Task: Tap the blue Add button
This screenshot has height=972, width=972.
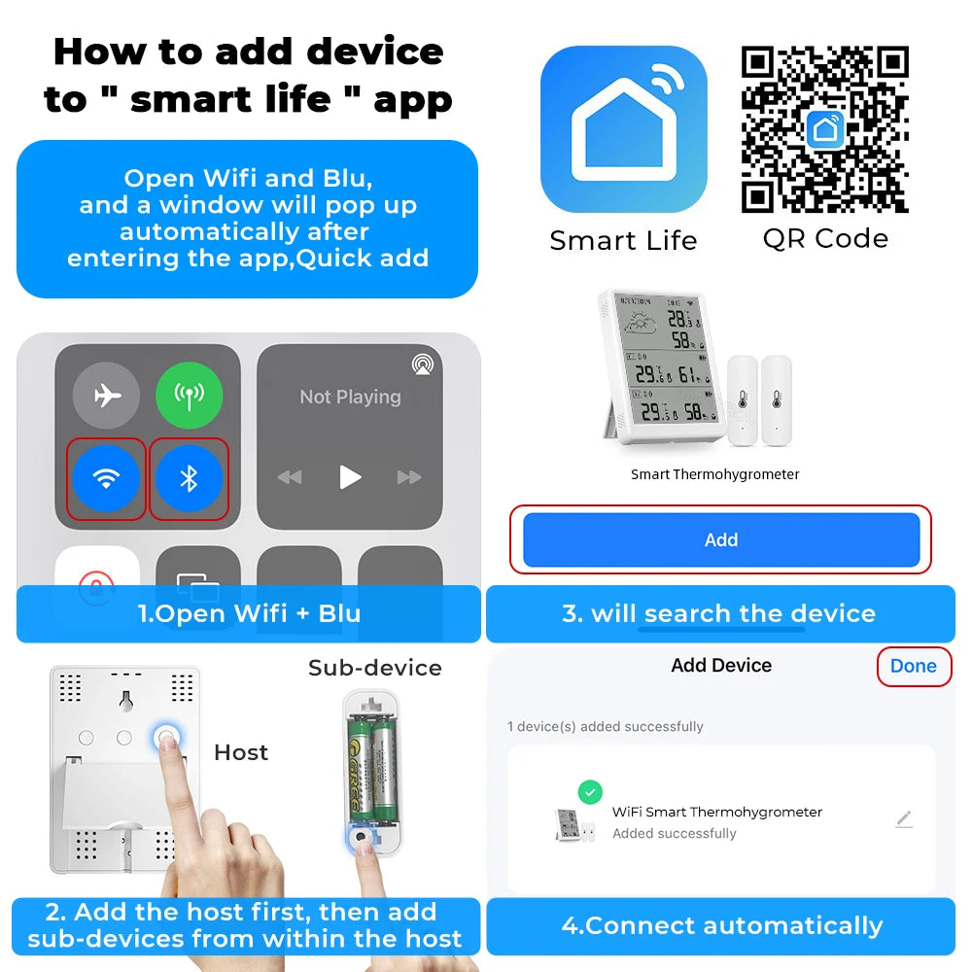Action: point(720,539)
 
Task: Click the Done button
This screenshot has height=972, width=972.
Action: point(913,666)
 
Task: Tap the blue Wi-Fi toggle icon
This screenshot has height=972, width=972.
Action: point(106,478)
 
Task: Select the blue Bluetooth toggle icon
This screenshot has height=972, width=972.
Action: point(190,478)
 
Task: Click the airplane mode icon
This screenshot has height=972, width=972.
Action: point(106,396)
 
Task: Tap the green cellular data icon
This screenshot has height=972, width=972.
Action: point(190,396)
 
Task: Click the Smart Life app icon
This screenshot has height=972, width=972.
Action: point(623,128)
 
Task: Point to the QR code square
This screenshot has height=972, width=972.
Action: point(824,128)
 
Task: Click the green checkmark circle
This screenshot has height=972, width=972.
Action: point(590,792)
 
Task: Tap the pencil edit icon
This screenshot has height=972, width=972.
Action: point(904,819)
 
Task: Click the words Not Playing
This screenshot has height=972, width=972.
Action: point(350,397)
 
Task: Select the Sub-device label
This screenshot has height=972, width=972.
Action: point(374,668)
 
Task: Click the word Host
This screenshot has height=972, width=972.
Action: point(241,752)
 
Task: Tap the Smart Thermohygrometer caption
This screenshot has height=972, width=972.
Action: point(714,474)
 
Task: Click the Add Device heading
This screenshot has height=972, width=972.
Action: point(720,666)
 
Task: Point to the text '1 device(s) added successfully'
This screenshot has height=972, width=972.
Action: point(605,726)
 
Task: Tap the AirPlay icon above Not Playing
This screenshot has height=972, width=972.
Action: point(423,364)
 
